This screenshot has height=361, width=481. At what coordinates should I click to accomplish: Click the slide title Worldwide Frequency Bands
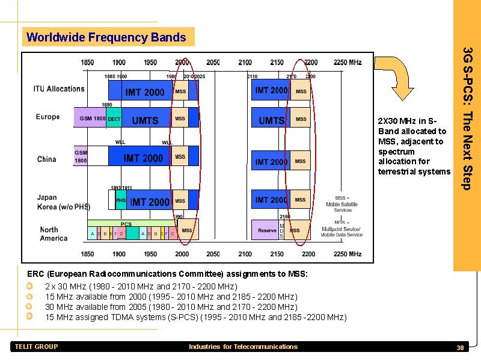pos(106,37)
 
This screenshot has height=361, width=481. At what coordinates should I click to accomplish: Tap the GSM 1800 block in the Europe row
pos(90,119)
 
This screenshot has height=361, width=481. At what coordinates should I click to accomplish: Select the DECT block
pos(114,119)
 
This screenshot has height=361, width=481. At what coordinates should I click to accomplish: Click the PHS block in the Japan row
pos(121,200)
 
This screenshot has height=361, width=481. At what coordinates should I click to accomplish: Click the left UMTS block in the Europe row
pos(146,120)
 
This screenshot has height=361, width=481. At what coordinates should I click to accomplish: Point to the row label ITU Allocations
pos(59,89)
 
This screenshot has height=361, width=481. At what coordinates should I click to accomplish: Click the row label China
pos(46,159)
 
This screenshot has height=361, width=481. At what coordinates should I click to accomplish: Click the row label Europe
pos(48,117)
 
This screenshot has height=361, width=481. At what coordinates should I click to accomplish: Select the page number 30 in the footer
pos(460,348)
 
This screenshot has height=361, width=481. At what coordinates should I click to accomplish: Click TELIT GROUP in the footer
pos(36,347)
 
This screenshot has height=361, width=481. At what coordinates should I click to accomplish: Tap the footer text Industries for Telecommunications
pos(243,347)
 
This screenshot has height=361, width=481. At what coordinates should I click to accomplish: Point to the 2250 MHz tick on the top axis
pos(348,63)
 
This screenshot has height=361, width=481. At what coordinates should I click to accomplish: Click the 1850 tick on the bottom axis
pos(88,255)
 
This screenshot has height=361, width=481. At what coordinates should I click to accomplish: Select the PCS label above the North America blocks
pos(126,224)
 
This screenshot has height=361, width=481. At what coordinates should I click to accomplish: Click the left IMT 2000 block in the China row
pos(143,158)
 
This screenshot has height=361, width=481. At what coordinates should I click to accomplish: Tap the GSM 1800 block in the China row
pos(81,156)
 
